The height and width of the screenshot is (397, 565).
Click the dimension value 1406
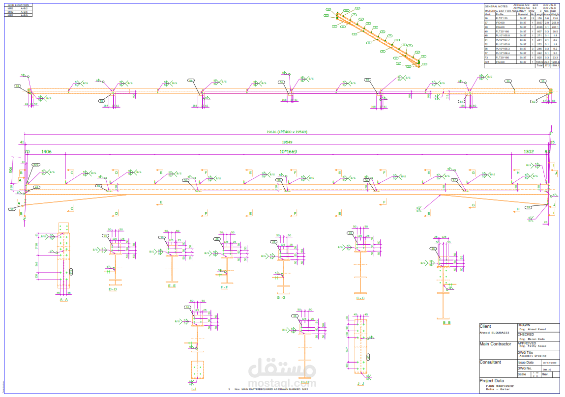point(47,152)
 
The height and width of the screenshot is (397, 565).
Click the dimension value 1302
point(529,152)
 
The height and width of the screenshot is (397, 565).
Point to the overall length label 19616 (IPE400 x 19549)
point(287,132)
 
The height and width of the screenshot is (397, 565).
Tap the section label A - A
point(63,299)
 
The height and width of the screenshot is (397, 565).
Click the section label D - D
point(113,289)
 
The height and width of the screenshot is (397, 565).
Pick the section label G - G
point(281,297)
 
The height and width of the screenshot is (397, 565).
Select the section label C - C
point(360,298)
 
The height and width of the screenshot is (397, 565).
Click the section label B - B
point(446,323)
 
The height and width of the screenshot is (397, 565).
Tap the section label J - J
point(360,383)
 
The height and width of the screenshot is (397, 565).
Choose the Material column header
point(523,14)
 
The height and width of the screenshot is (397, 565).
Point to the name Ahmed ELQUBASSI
point(494,333)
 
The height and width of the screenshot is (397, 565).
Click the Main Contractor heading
point(495,344)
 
